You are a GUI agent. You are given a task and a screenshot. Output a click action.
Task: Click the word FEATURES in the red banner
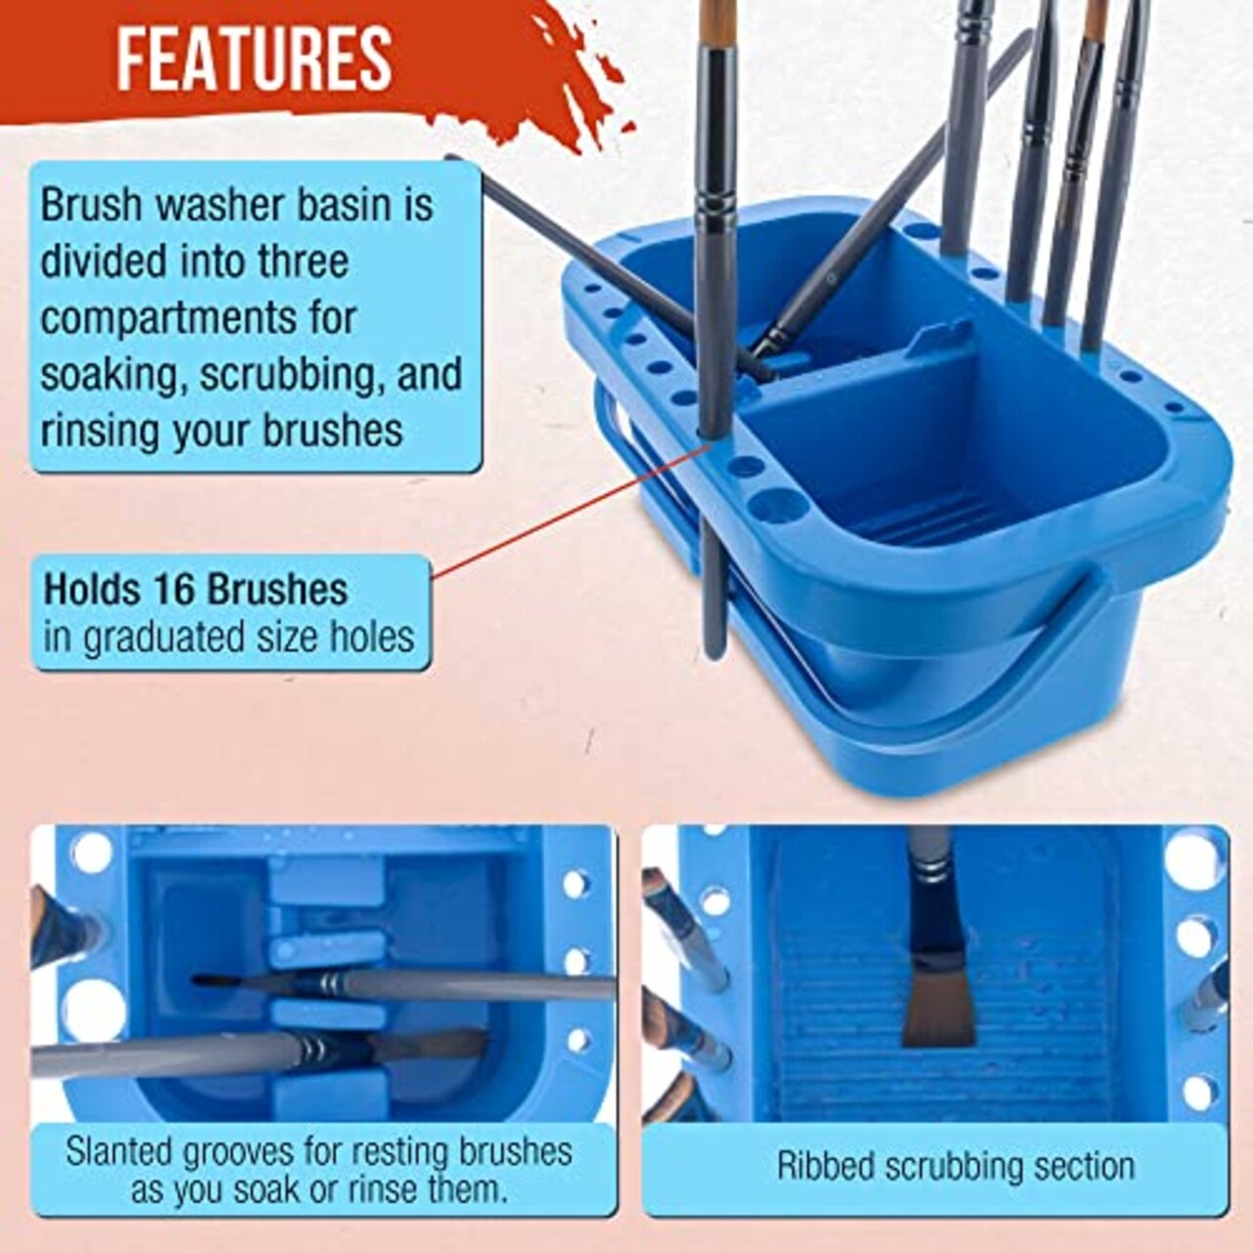(255, 59)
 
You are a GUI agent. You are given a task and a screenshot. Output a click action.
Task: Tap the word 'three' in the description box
(302, 261)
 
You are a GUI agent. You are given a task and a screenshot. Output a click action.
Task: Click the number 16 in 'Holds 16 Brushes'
(174, 589)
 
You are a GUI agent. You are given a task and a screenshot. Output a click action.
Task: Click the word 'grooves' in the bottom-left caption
(238, 1151)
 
